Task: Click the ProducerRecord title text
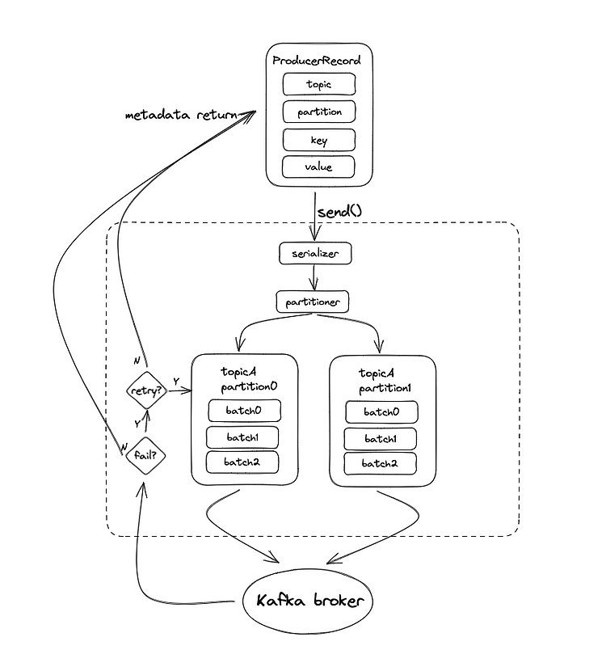coord(317,61)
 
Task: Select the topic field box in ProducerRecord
coord(319,84)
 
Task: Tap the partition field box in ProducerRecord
coord(319,112)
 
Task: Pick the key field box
coord(319,140)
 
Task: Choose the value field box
coord(318,167)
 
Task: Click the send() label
coord(339,211)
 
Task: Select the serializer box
coord(315,253)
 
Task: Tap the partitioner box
coord(313,302)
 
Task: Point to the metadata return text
coord(181,115)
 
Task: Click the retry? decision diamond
coord(146,390)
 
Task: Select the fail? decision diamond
coord(145,455)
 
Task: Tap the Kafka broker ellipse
coord(308,601)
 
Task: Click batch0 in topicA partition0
coord(244,411)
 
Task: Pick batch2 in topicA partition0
coord(242,462)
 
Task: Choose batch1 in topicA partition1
coord(381,439)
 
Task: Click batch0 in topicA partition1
coord(381,411)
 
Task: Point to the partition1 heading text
coord(385,388)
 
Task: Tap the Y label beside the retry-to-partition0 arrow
coord(176,381)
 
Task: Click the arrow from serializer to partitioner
coord(314,277)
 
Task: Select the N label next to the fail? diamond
coord(124,447)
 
